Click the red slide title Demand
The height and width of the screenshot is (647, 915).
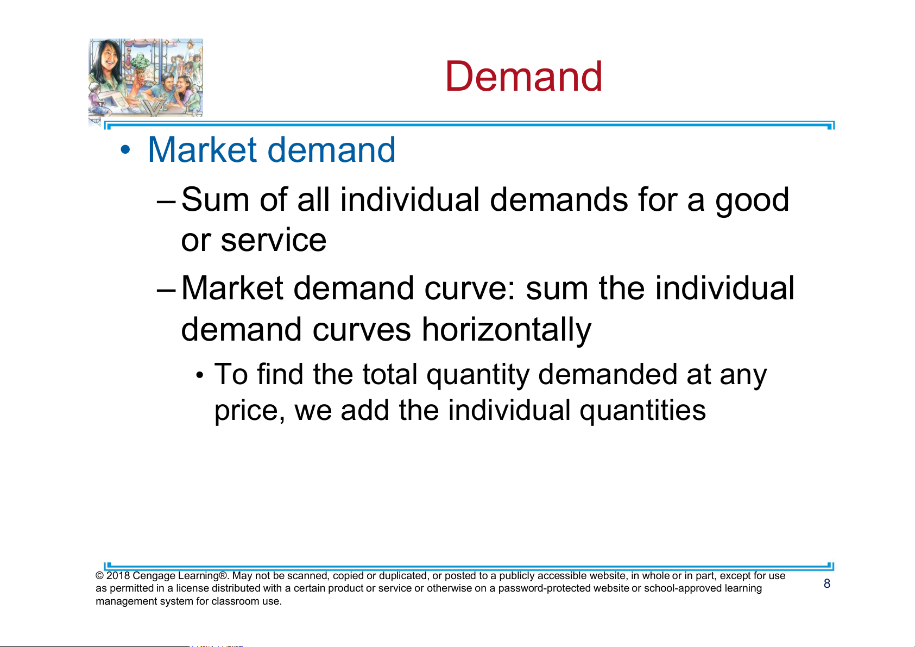523,77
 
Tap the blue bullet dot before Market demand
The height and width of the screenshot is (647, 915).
125,149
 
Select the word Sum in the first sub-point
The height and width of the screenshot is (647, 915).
215,200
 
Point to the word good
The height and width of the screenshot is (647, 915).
752,202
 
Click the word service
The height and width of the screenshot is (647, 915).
274,241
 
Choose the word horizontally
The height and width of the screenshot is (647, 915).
507,330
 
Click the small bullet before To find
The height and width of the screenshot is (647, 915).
199,375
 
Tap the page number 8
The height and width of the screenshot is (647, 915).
827,583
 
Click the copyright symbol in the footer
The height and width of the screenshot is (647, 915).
100,576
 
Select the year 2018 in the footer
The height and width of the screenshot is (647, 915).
118,576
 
